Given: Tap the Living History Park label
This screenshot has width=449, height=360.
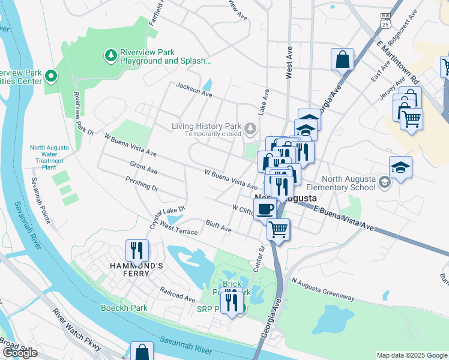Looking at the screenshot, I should [206, 127].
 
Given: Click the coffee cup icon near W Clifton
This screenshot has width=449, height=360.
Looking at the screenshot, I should [265, 209].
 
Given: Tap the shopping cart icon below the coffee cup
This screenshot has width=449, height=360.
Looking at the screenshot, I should [278, 229].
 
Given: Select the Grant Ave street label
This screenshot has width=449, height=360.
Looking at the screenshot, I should [143, 167].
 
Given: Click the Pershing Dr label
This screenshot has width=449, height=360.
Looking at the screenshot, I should [142, 184].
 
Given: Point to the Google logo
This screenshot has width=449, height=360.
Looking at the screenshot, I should [20, 352].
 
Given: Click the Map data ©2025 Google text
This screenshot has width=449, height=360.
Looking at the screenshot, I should [411, 355].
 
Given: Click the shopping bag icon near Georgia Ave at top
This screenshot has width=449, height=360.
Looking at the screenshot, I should [342, 59].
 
